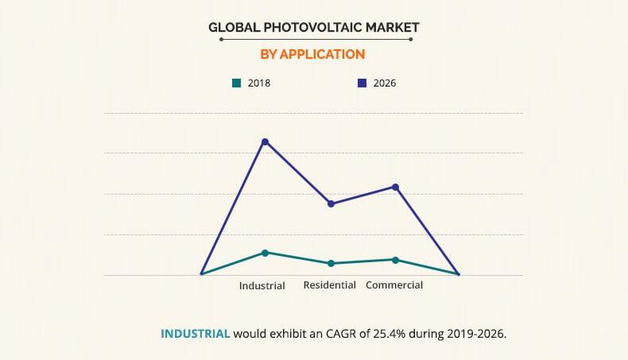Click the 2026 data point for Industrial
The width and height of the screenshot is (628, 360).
pos(265,141)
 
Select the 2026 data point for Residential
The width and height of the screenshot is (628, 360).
pos(331,203)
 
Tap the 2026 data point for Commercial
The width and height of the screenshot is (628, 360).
pos(396,187)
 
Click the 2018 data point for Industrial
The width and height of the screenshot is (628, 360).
pos(265,253)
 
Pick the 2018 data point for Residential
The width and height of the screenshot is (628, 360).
pos(331,263)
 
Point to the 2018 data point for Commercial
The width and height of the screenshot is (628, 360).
pos(396,260)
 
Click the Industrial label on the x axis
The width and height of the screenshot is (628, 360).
pos(262,286)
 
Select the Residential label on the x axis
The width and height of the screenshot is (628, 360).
pos(329,285)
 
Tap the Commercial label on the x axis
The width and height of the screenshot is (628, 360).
pos(394,285)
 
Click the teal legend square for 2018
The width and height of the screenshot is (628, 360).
pos(235,83)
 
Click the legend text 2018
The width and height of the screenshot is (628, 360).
pos(258,83)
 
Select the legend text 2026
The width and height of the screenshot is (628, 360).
pos(384,83)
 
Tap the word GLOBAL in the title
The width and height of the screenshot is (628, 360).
pos(232,28)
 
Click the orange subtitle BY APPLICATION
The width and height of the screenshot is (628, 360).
pos(313,54)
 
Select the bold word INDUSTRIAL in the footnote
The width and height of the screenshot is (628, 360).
pos(196,333)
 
